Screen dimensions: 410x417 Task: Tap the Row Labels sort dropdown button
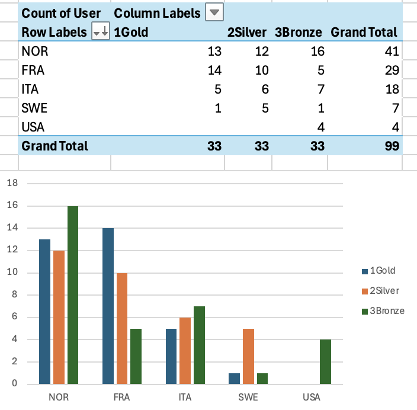100,33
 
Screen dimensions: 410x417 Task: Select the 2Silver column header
247,33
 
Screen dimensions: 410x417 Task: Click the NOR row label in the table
34,52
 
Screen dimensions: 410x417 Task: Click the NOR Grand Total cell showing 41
392,52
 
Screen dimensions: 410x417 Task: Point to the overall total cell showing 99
392,146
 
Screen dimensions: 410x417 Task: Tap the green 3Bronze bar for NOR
73,295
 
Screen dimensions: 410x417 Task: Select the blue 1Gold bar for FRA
108,306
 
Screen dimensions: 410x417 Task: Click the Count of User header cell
61,12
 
